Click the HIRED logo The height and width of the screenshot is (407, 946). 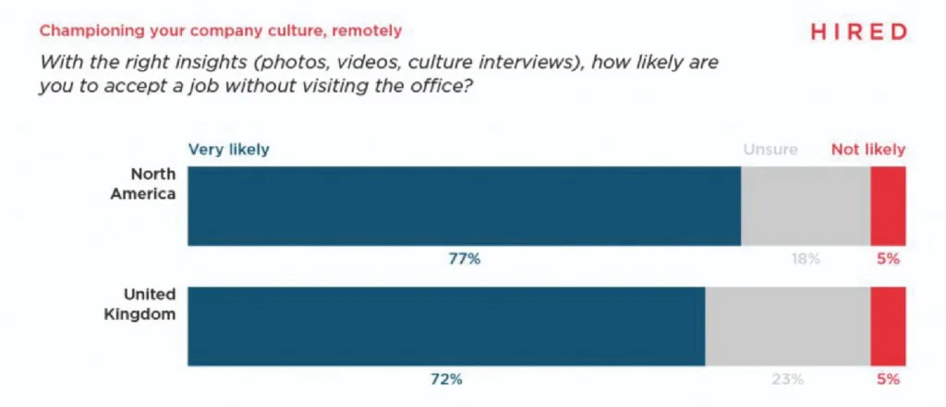858,31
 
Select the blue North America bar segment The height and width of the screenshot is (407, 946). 464,206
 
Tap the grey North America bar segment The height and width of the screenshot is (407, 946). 806,206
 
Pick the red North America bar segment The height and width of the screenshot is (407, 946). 888,206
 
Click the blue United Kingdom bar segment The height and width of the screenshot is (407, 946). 446,326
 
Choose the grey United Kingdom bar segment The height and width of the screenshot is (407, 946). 787,326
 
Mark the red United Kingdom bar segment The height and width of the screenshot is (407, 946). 888,326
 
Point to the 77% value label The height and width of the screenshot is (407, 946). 464,260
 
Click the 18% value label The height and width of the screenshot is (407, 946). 805,260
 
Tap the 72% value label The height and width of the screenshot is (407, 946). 446,379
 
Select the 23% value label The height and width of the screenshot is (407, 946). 787,379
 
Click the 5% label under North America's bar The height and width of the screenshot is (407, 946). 888,260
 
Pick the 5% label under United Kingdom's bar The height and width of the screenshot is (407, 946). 888,379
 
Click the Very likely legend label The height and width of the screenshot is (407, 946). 228,149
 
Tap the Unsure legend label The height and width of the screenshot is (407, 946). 770,149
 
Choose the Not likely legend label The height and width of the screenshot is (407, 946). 868,149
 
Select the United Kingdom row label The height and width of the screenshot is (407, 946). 149,303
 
